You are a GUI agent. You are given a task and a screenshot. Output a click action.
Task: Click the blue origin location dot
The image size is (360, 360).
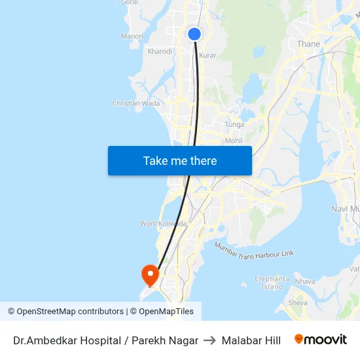click(194, 34)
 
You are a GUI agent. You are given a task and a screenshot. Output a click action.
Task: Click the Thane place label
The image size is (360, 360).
click(308, 44)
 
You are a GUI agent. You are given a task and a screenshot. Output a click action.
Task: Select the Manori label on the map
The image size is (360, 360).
click(132, 37)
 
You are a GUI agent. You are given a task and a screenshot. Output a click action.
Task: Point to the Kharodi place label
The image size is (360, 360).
click(160, 51)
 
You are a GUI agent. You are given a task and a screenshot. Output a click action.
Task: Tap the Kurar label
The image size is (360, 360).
click(207, 56)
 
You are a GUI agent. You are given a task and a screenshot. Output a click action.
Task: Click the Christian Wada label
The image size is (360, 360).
click(136, 103)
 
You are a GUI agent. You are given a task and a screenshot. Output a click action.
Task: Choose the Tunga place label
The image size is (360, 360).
click(234, 124)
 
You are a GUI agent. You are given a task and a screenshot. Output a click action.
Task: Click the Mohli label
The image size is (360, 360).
click(234, 141)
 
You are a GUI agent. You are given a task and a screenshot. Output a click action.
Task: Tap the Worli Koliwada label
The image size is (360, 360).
click(163, 223)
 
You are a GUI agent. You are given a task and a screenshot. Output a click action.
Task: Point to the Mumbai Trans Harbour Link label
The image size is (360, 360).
click(255, 249)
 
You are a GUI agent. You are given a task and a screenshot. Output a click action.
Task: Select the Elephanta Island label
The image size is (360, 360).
click(272, 283)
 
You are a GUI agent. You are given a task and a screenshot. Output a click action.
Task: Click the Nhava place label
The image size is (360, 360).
click(305, 281)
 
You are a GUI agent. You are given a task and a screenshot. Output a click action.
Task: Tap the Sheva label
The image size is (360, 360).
click(298, 303)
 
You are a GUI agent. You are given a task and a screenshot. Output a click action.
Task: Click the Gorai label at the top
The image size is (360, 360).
click(129, 3)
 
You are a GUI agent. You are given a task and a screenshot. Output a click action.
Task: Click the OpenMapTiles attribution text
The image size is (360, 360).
click(166, 312)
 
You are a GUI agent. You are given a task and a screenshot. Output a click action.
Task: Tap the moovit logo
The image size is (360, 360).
click(320, 340)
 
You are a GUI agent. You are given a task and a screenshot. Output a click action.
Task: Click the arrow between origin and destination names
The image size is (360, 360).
click(210, 340)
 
